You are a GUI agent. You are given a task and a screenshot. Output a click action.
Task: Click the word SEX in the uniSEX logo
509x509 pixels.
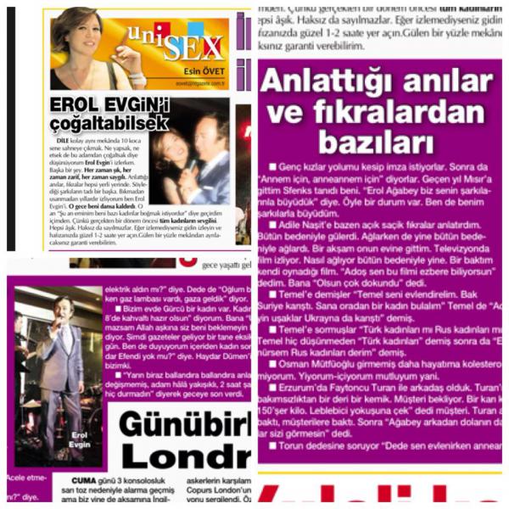click(x=193, y=47)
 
